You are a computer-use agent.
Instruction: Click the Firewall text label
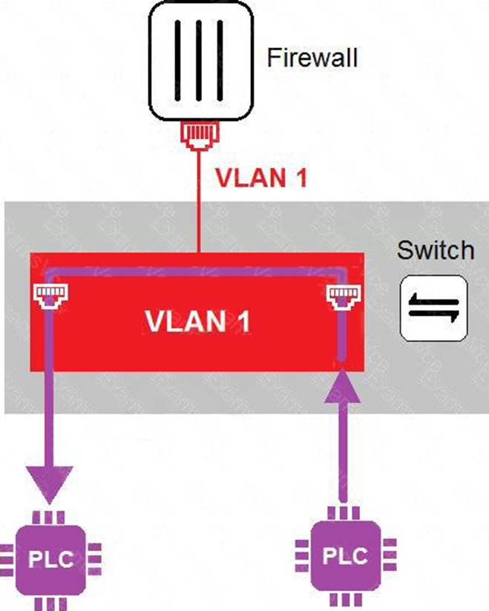pos(312,57)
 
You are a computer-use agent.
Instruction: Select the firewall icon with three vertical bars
pos(198,61)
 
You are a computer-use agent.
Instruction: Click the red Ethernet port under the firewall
pos(198,135)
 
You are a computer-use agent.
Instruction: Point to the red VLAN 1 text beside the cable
pos(260,179)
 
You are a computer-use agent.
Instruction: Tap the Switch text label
pos(435,250)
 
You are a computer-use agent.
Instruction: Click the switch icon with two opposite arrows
pos(435,308)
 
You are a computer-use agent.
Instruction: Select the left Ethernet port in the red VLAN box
pos(48,295)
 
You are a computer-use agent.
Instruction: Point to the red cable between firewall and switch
pos(199,200)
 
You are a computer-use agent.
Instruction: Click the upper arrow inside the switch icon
pos(435,300)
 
